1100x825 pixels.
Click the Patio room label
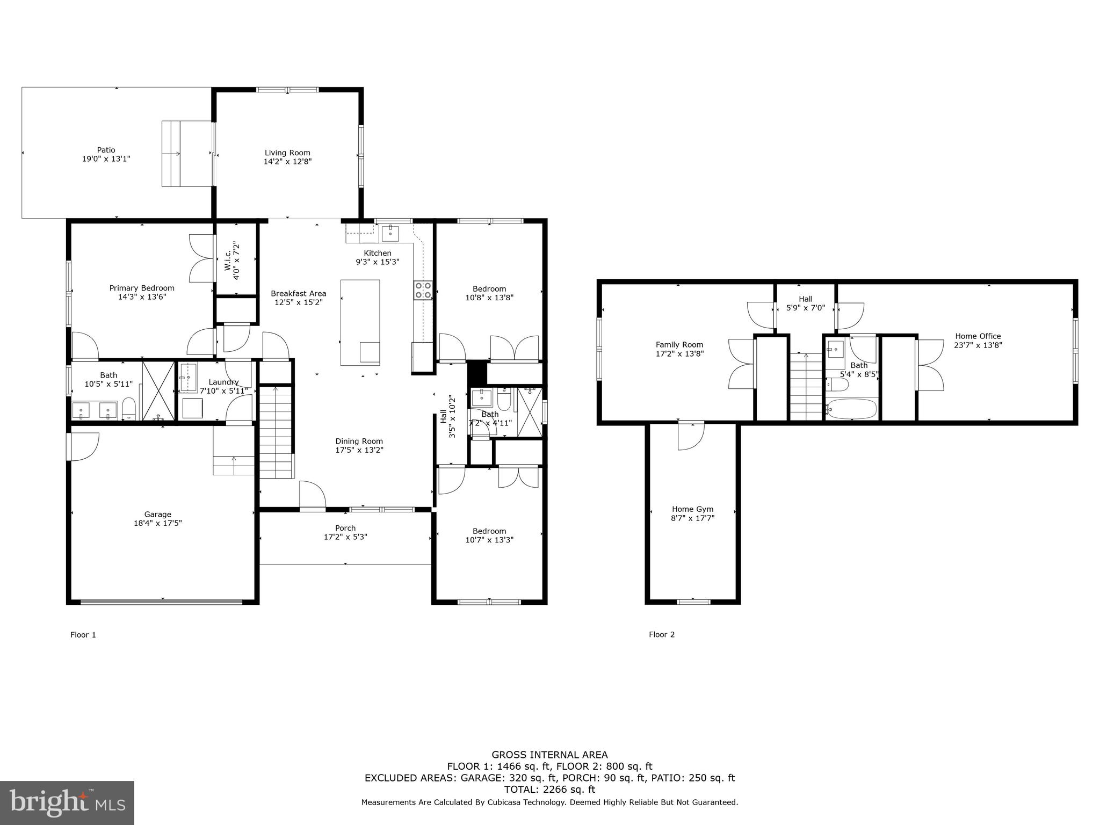click(106, 150)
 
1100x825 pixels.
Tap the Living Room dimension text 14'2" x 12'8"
click(287, 161)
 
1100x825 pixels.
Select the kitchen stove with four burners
click(423, 290)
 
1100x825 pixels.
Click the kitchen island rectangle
click(360, 321)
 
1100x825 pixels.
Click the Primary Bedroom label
click(142, 288)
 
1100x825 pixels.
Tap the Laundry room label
click(223, 382)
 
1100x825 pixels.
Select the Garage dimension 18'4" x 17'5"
click(157, 523)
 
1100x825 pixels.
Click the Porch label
click(345, 528)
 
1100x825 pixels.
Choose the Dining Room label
click(359, 441)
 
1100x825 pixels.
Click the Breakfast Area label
click(298, 293)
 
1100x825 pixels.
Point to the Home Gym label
click(692, 509)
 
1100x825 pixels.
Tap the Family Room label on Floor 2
click(679, 345)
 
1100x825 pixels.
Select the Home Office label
click(978, 336)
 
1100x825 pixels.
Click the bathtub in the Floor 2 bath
click(851, 409)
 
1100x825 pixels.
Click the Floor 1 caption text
click(83, 635)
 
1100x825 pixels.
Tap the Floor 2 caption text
click(661, 634)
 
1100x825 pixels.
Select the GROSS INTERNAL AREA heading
click(549, 755)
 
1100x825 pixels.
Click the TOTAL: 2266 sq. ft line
click(549, 790)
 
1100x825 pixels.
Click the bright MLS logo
click(67, 802)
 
